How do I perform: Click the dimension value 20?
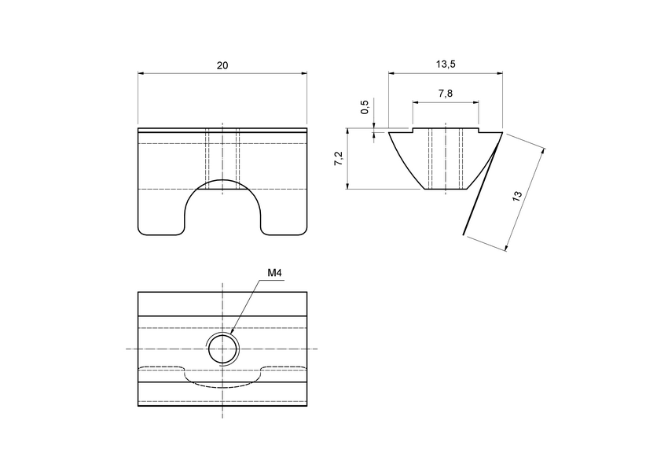222,66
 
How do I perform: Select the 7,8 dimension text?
445,94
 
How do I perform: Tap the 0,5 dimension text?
364,108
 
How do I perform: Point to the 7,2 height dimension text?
338,159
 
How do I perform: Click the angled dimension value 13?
517,197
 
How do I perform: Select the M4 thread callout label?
274,273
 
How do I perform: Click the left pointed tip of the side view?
390,133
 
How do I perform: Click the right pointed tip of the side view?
501,133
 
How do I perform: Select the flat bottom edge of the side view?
446,190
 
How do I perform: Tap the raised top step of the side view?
446,128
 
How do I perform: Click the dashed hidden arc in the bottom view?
222,385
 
